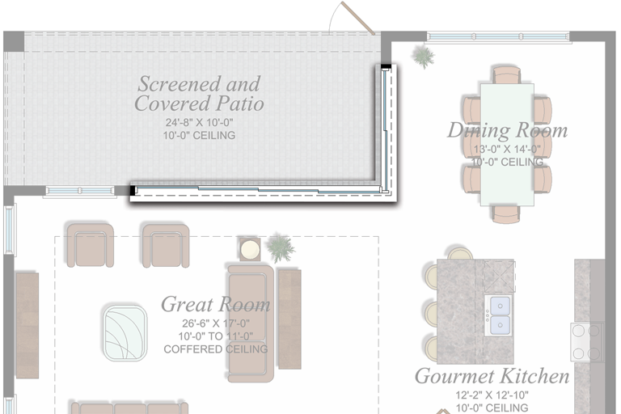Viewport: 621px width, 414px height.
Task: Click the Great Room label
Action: coord(215,305)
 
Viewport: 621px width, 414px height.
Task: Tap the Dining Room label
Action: coord(507,130)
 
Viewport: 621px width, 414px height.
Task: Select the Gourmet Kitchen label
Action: coord(492,376)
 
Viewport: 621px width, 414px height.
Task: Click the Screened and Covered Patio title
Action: coord(199,93)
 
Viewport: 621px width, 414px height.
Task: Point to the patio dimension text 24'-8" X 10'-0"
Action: coord(199,124)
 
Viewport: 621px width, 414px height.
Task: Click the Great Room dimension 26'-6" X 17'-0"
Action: coord(215,324)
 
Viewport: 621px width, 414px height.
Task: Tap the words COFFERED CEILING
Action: coord(215,349)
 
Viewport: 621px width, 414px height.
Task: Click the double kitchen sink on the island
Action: coord(499,315)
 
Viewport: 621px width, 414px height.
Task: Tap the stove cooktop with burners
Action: coord(587,341)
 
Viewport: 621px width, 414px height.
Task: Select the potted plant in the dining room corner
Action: coord(422,56)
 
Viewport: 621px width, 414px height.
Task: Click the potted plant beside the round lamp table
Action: coord(281,248)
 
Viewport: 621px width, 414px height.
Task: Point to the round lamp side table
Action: coord(250,249)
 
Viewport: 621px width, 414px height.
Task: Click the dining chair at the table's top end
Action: coord(507,75)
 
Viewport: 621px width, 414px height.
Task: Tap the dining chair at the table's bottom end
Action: coord(507,213)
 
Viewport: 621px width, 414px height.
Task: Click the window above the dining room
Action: coord(498,36)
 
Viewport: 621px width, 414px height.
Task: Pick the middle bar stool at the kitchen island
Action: coord(431,311)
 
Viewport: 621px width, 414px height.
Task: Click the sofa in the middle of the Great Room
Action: coord(251,322)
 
